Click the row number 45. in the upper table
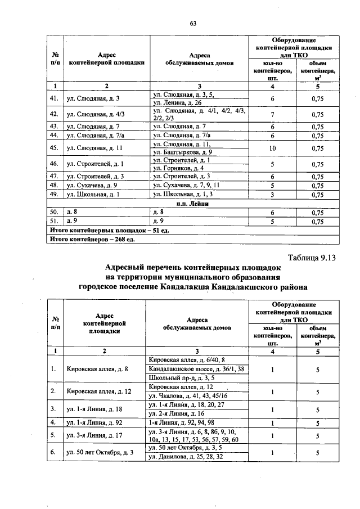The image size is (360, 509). [x=55, y=148]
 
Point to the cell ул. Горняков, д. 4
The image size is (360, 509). [x=178, y=168]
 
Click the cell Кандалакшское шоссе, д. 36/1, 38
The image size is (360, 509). [x=196, y=369]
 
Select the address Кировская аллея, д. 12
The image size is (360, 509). [x=98, y=391]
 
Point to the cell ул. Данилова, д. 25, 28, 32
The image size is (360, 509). [x=185, y=457]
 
